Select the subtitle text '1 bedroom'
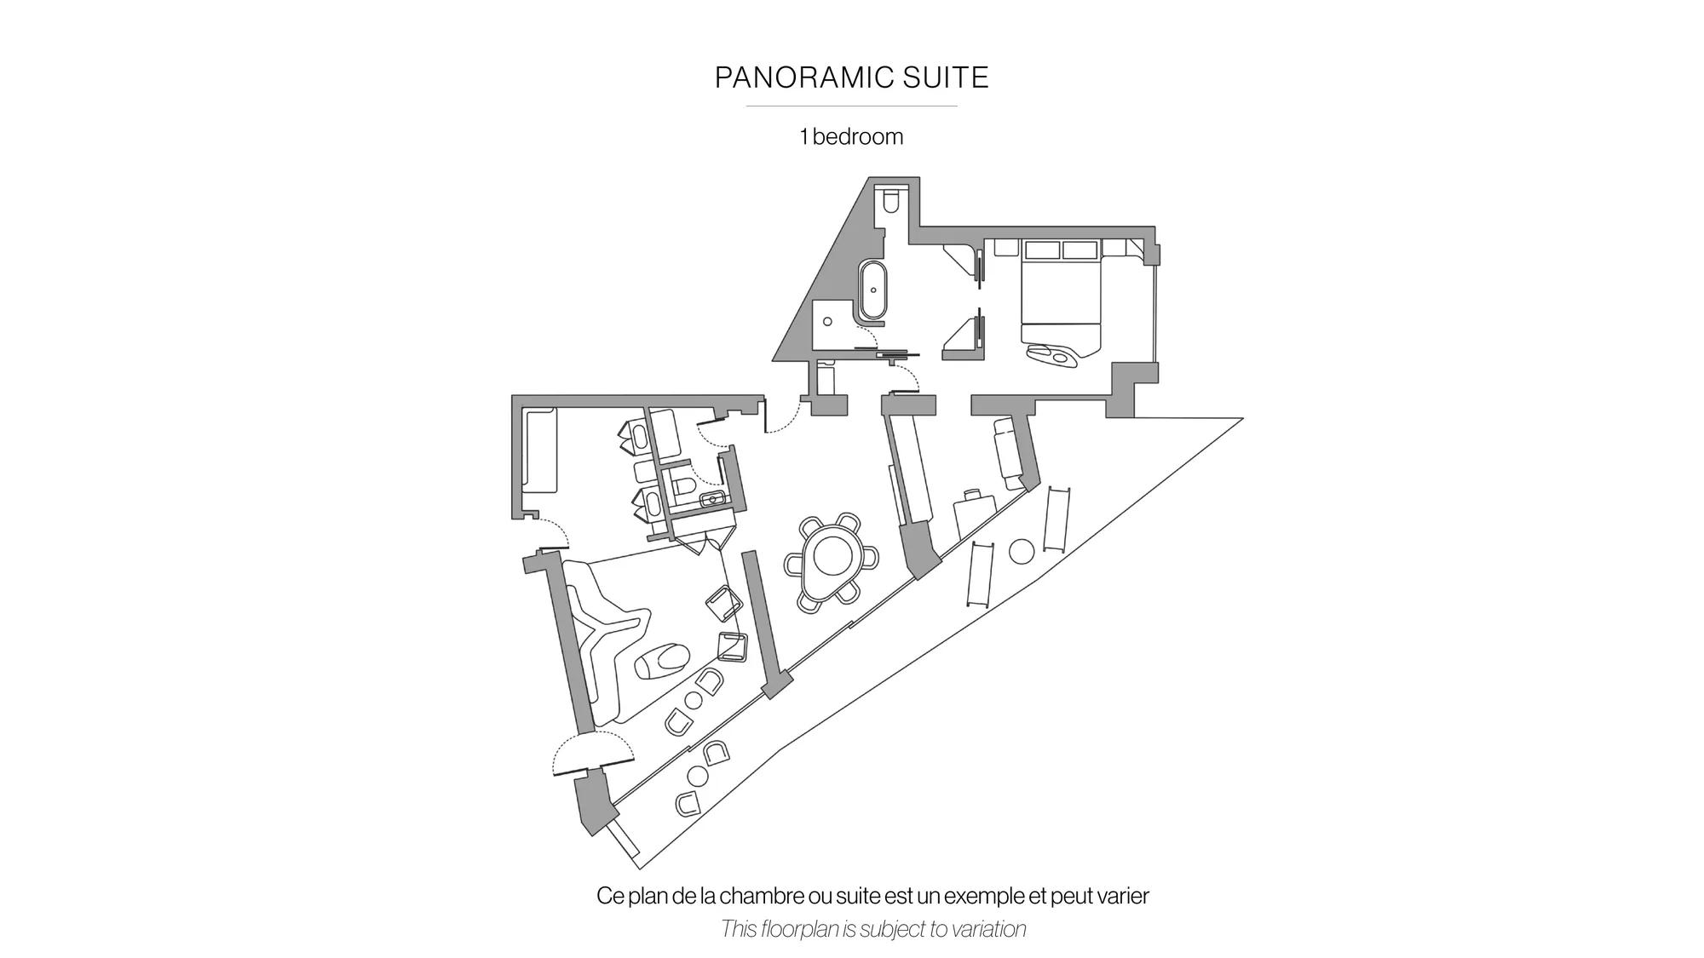click(851, 136)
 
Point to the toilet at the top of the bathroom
click(891, 201)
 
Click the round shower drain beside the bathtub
click(827, 322)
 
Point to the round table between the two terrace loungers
click(1022, 552)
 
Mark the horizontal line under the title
click(851, 106)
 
